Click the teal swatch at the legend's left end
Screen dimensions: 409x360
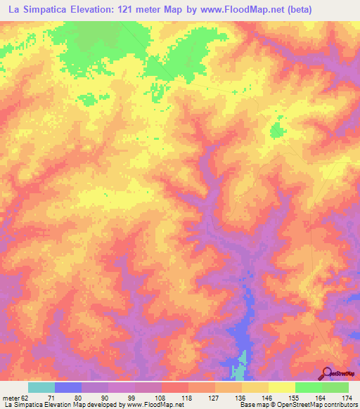click(41, 387)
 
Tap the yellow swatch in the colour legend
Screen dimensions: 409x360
click(281, 387)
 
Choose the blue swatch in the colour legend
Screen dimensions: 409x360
click(68, 387)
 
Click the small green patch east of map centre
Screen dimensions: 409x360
click(276, 130)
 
